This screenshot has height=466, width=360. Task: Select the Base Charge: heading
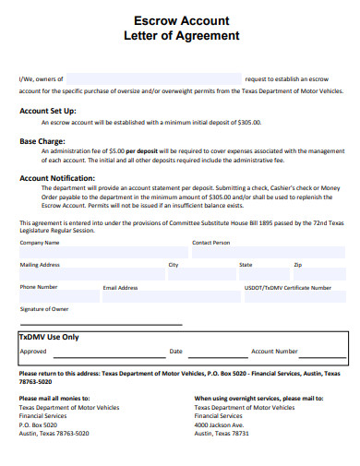pyautogui.click(x=42, y=141)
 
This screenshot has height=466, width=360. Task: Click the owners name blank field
pyautogui.click(x=154, y=79)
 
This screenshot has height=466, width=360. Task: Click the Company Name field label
pyautogui.click(x=40, y=243)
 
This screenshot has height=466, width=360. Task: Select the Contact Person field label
pyautogui.click(x=211, y=243)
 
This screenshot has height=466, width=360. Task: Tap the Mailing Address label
pyautogui.click(x=41, y=265)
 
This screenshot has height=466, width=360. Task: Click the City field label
pyautogui.click(x=173, y=265)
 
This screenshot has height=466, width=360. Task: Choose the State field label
pyautogui.click(x=246, y=265)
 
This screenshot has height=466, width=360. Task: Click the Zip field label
pyautogui.click(x=297, y=265)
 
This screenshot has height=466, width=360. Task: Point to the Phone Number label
pyautogui.click(x=39, y=287)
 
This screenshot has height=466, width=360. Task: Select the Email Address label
pyautogui.click(x=120, y=288)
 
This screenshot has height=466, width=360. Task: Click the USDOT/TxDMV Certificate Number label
pyautogui.click(x=288, y=287)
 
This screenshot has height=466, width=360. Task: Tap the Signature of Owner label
pyautogui.click(x=44, y=309)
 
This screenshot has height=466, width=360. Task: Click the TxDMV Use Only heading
pyautogui.click(x=49, y=337)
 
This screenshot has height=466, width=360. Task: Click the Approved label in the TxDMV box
pyautogui.click(x=33, y=352)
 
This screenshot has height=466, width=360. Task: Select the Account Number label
pyautogui.click(x=274, y=352)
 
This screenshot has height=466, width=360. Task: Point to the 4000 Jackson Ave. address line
pyautogui.click(x=220, y=424)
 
